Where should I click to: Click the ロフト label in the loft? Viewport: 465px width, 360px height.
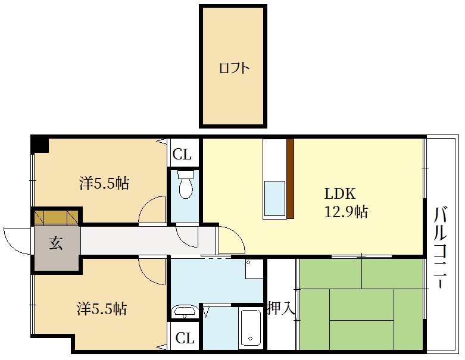click(x=234, y=68)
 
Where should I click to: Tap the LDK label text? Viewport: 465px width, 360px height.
click(x=340, y=194)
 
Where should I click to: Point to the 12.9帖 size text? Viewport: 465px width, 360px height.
click(x=346, y=212)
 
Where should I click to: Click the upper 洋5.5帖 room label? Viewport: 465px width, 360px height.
click(x=104, y=183)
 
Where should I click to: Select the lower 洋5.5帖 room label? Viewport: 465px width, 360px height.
click(x=102, y=308)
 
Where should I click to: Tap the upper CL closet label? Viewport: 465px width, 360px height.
click(x=182, y=154)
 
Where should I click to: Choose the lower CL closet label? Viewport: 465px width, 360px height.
click(x=185, y=338)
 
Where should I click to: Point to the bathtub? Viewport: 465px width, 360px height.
click(x=251, y=327)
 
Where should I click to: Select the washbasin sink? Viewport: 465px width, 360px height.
click(x=185, y=311)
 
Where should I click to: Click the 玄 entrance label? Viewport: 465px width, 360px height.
click(x=56, y=243)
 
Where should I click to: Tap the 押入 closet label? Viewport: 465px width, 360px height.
click(x=282, y=308)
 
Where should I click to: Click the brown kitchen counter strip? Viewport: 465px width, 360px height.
click(x=291, y=179)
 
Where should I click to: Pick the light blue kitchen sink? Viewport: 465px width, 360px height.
click(x=274, y=199)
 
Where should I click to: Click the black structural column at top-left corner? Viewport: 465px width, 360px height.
click(x=40, y=144)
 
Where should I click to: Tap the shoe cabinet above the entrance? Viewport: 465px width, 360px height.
click(x=57, y=217)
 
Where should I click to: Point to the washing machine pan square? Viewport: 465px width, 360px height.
click(x=254, y=269)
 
